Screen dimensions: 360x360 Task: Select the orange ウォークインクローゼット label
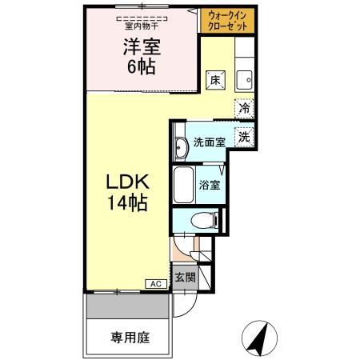tap(228, 21)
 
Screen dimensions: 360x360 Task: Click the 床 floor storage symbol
tap(215, 80)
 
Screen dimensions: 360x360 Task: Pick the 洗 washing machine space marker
tap(243, 136)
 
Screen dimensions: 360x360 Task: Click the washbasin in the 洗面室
tap(181, 146)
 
